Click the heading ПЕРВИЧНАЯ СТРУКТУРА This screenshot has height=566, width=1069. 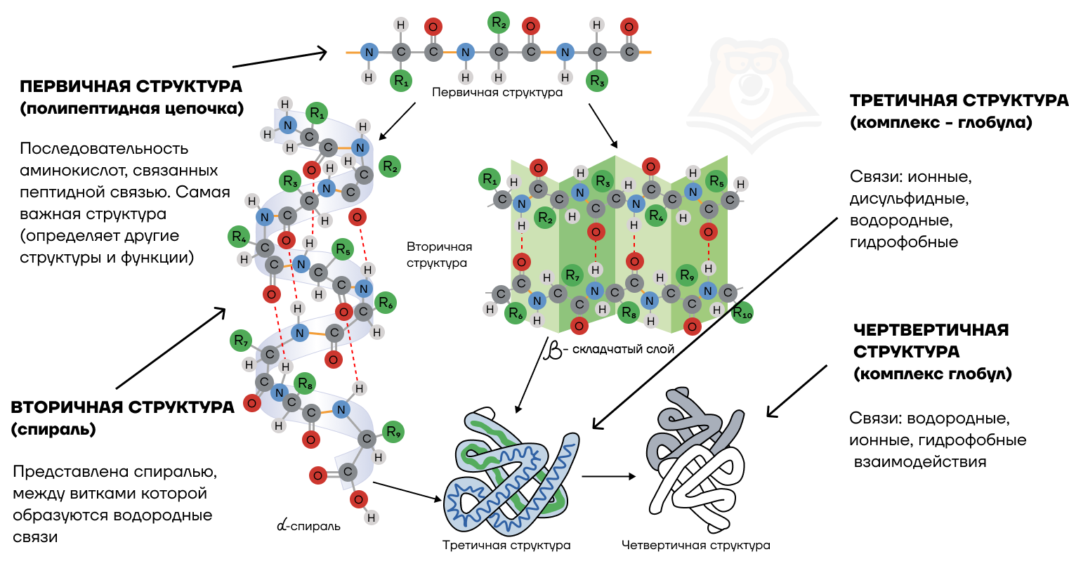tap(131, 86)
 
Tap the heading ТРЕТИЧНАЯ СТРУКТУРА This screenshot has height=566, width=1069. tap(959, 100)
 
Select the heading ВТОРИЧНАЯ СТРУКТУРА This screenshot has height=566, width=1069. tap(122, 407)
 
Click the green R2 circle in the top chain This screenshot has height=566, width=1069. tap(499, 23)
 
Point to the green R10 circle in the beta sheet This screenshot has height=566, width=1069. tap(742, 313)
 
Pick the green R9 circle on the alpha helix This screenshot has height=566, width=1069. tap(393, 432)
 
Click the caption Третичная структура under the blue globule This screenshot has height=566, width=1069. tap(506, 545)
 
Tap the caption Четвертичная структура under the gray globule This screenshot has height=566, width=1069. tap(695, 545)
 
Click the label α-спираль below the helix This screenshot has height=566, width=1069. tap(309, 525)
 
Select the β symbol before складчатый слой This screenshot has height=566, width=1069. tap(554, 349)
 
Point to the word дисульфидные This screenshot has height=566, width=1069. tap(909, 199)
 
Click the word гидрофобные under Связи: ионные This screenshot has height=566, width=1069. tap(903, 242)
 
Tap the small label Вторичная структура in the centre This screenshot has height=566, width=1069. tap(439, 255)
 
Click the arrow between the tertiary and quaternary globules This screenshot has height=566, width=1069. tap(608, 476)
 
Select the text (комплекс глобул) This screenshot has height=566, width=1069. tap(933, 374)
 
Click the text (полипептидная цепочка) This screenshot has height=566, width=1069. tap(131, 109)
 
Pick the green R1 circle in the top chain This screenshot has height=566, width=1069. tap(401, 81)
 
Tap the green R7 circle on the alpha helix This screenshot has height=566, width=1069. tap(242, 341)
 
